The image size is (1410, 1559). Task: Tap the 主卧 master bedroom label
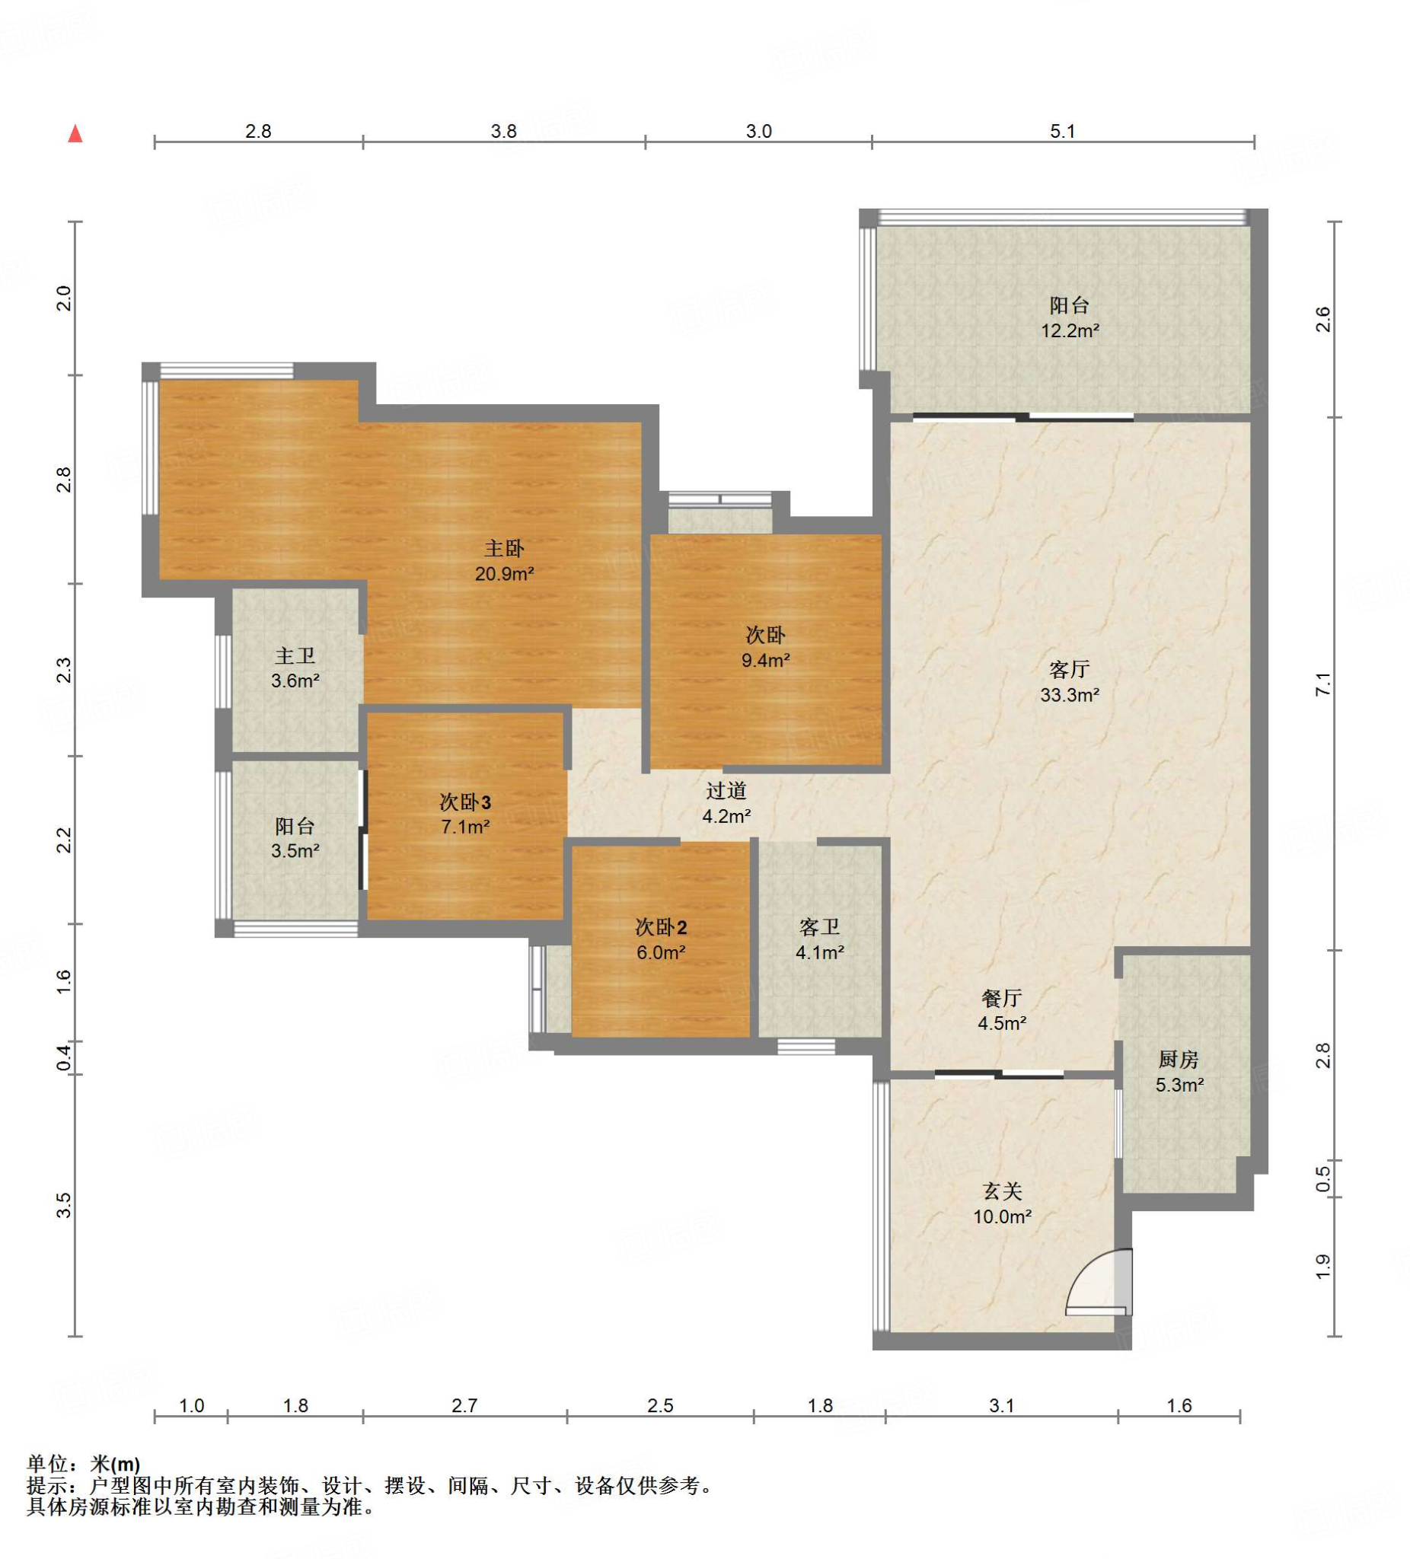503,549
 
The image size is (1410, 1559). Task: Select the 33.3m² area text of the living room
1069,695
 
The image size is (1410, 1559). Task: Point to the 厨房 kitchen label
1178,1060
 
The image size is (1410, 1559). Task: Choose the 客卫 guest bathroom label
819,927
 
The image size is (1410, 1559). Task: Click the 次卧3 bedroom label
465,802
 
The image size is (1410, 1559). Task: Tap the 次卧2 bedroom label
661,927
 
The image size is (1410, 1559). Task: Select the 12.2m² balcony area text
1070,331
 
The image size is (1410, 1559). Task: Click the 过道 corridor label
726,790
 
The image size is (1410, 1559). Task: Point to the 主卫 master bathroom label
295,655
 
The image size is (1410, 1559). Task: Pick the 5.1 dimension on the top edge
1062,132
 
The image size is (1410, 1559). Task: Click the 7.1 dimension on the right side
1322,684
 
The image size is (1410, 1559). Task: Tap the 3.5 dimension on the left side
64,1205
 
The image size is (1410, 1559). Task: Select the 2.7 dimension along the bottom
464,1405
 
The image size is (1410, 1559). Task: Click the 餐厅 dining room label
1002,998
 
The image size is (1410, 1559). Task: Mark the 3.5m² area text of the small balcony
295,851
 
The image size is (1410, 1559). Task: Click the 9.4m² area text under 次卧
765,661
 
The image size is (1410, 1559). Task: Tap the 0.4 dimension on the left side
64,1058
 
